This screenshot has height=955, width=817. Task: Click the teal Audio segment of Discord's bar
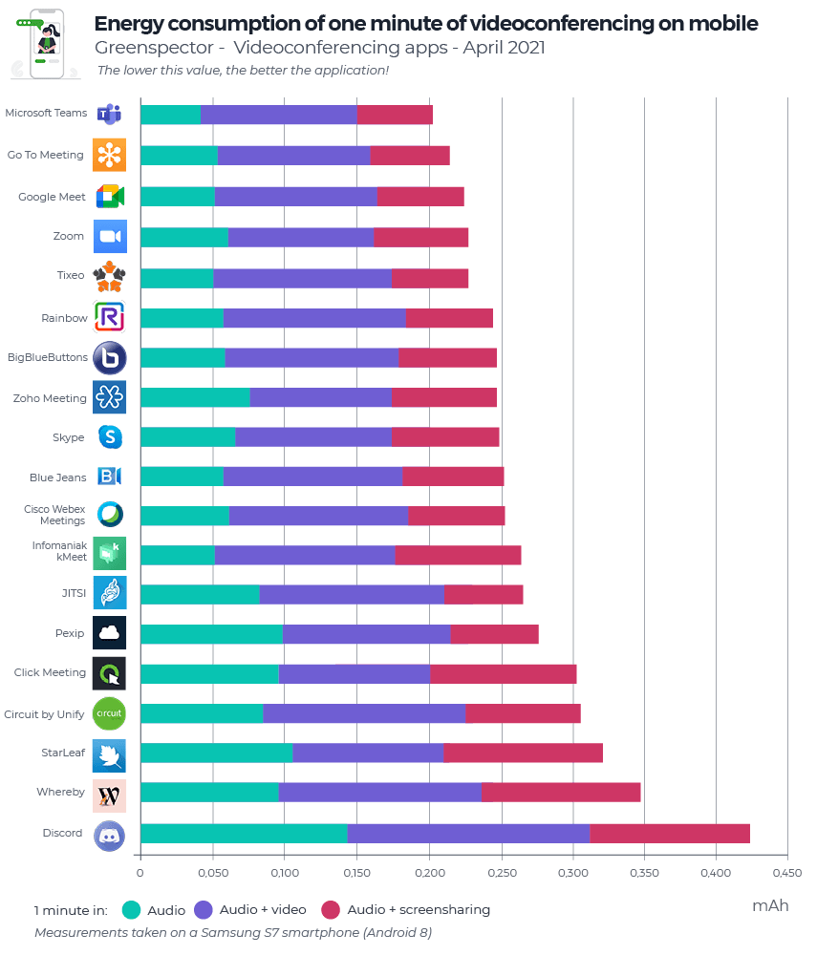pos(244,833)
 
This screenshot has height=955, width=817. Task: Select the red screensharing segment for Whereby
pos(561,793)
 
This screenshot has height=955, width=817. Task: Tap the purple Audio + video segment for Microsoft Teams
pos(278,115)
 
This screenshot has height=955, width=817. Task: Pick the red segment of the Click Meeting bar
pos(504,674)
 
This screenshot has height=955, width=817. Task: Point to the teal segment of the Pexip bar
pos(211,634)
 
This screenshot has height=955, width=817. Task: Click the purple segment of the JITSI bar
pos(352,594)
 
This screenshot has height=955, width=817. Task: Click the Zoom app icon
pos(110,236)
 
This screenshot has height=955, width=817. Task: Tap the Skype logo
pos(110,437)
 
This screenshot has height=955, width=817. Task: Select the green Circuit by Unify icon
pos(109,713)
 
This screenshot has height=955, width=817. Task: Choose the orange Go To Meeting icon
pos(110,155)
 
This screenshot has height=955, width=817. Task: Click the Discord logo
pos(109,836)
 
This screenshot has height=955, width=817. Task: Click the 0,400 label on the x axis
pos(716,873)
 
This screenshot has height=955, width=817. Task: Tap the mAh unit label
pos(771,905)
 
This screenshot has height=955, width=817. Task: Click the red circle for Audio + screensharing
pos(331,910)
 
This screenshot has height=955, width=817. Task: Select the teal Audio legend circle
pos(131,910)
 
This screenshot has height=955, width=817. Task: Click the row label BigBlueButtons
pos(48,357)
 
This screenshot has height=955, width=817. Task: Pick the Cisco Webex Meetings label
pos(54,515)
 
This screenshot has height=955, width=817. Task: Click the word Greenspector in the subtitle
pos(154,48)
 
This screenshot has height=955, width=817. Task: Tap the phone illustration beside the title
pos(46,44)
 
